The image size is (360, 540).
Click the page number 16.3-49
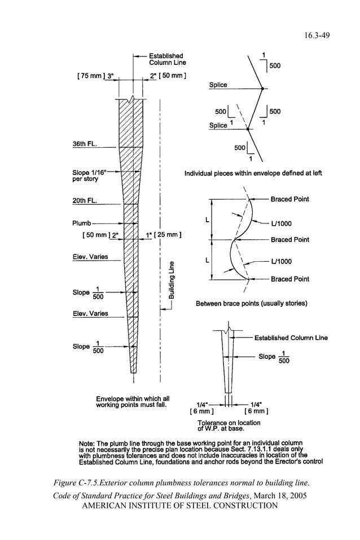tap(318, 35)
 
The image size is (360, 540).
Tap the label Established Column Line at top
tap(165, 59)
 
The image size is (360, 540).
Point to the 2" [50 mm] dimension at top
tap(168, 75)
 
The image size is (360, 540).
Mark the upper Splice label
tap(218, 85)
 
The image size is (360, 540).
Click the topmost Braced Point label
tap(289, 199)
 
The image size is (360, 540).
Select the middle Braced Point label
tap(289, 239)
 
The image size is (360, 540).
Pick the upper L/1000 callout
tap(281, 223)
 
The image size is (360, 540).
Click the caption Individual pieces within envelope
tap(253, 173)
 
